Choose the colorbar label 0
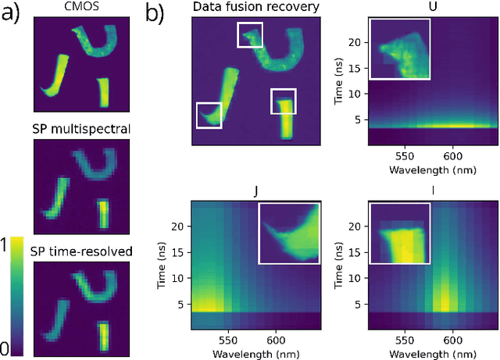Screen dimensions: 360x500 coord(8,348)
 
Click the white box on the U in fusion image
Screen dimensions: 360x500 coord(250,35)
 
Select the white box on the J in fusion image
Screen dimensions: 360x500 coord(209,115)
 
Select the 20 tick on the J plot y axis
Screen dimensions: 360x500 coord(177,226)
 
